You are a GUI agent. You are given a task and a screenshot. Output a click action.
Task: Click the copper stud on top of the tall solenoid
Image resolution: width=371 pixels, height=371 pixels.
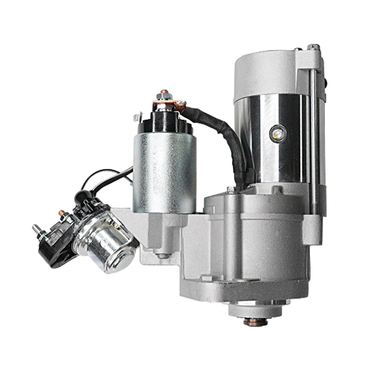(163, 92)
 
